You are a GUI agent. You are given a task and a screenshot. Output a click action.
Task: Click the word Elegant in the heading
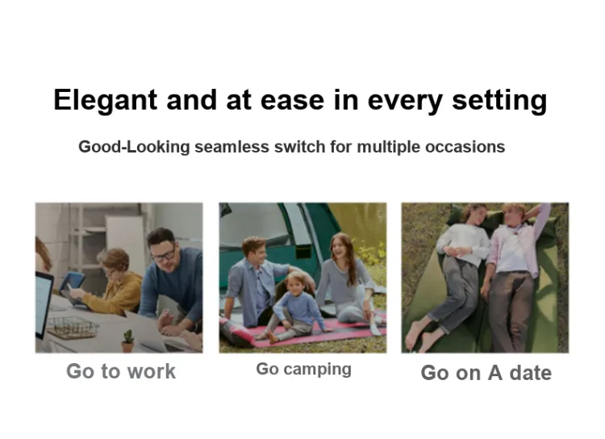point(106,100)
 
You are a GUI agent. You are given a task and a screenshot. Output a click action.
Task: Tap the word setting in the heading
point(499,100)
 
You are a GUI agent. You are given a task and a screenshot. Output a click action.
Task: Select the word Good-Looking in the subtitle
point(134,147)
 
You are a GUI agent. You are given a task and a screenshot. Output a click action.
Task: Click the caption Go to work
point(121,371)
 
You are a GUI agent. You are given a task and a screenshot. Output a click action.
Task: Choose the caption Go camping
point(303,369)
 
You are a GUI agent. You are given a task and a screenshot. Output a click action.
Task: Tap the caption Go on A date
point(486,373)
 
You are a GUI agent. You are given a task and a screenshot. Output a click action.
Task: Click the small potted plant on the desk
point(127,341)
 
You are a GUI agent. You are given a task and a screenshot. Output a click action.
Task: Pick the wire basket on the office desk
point(73,328)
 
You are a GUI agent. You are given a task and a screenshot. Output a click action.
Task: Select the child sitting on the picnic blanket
point(294,307)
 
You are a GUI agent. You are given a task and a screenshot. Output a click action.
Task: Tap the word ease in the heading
point(293,100)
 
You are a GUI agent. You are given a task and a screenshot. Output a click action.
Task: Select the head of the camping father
point(254,250)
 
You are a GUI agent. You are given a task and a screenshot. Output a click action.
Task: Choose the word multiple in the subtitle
point(388,147)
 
